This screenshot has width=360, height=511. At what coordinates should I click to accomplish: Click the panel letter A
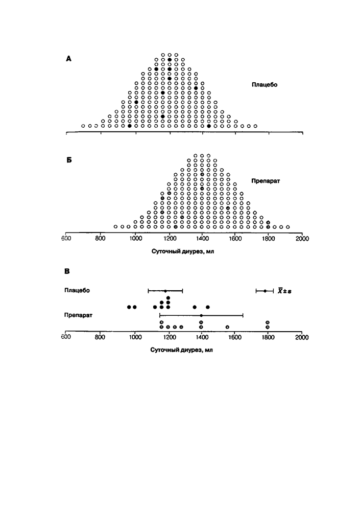(68, 59)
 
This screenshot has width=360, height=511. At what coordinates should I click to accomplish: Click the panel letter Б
(69, 160)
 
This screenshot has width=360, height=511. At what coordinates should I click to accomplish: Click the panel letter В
(67, 271)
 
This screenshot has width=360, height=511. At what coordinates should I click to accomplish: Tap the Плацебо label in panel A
(264, 85)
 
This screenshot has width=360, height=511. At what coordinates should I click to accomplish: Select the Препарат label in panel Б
(266, 181)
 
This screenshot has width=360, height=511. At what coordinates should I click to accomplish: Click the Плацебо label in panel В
(77, 290)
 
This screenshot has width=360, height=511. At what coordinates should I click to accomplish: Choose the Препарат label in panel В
(78, 315)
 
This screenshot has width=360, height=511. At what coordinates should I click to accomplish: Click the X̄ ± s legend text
(284, 291)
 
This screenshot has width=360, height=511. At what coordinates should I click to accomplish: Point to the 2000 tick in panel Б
(302, 239)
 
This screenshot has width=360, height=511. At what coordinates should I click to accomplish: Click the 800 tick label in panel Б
(101, 239)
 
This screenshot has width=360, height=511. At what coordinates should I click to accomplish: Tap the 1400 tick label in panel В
(201, 337)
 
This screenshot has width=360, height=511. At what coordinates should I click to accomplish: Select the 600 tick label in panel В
(66, 337)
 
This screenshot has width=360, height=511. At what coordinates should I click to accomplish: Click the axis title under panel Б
(183, 251)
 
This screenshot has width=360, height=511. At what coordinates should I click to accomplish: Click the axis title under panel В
(181, 350)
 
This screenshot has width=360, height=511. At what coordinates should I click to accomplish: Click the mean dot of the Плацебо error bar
(165, 291)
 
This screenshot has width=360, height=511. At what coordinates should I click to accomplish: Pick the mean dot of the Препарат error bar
(201, 315)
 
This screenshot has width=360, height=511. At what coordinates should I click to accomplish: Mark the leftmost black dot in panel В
(129, 307)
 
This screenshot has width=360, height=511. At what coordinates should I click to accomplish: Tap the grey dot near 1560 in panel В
(227, 327)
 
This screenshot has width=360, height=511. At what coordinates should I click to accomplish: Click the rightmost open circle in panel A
(255, 126)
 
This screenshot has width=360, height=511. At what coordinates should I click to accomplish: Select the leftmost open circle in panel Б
(115, 226)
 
